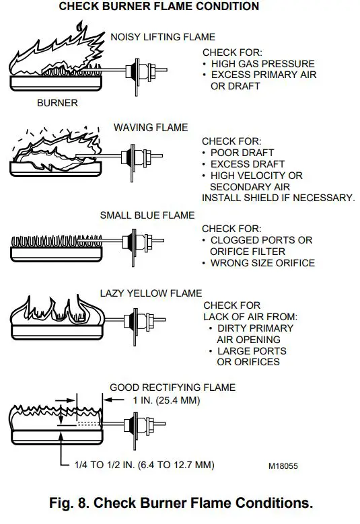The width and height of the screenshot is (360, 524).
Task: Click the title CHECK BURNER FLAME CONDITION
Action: pyautogui.click(x=159, y=7)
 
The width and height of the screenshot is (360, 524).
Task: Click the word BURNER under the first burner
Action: pyautogui.click(x=57, y=103)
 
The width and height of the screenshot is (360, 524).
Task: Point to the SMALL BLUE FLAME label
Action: pyautogui.click(x=147, y=215)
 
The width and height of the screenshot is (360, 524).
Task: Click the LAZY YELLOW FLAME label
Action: pyautogui.click(x=152, y=293)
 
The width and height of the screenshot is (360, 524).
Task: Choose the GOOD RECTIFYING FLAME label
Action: pyautogui.click(x=173, y=387)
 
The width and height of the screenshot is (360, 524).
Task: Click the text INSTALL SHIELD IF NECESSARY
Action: pyautogui.click(x=278, y=198)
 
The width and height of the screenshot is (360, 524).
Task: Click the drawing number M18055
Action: pyautogui.click(x=283, y=465)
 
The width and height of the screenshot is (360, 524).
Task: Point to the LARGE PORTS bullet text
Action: pyautogui.click(x=251, y=351)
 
